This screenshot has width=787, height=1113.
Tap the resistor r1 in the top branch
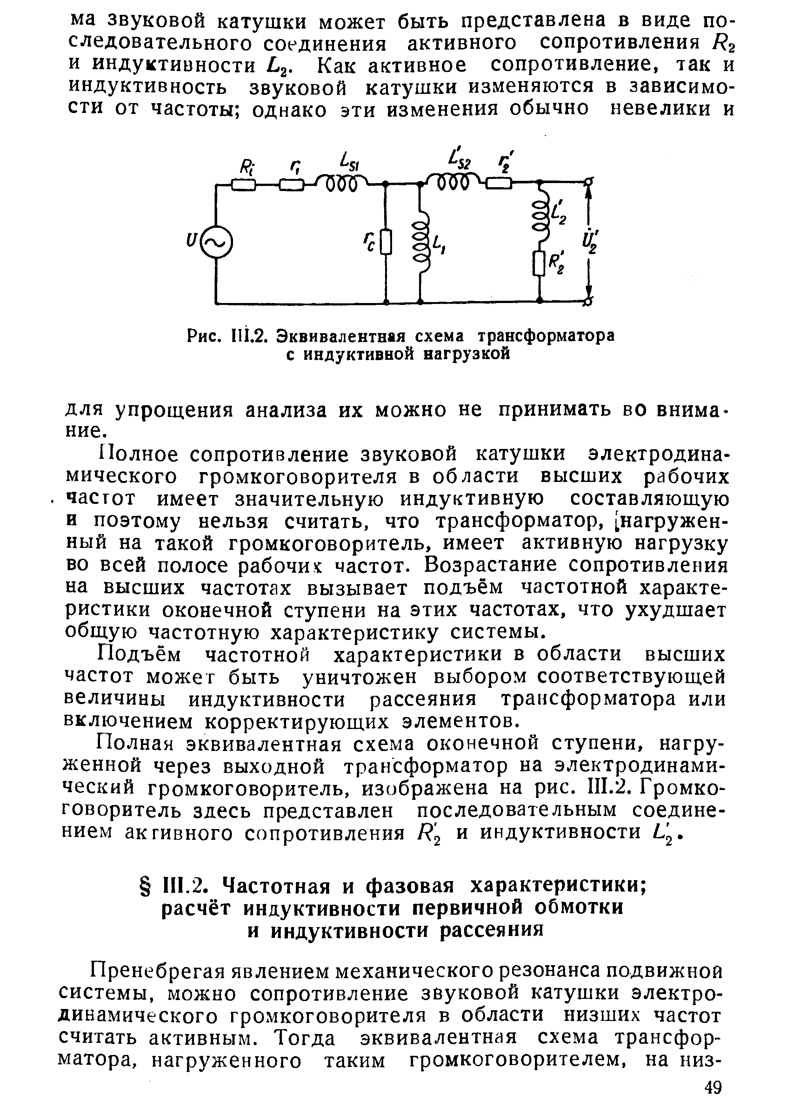click(x=291, y=185)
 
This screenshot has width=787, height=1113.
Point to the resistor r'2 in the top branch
click(x=499, y=184)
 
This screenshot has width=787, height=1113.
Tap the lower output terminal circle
click(x=590, y=302)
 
